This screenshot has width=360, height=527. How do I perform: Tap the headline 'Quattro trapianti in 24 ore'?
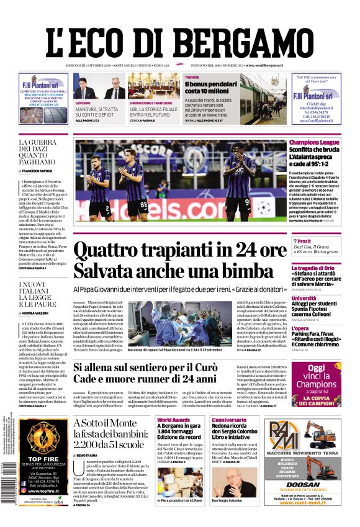click(180, 251)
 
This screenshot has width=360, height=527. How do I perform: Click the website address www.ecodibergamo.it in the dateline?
click(264, 65)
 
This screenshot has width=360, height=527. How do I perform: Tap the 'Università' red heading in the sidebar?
click(304, 297)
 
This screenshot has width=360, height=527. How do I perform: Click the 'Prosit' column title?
click(304, 241)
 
